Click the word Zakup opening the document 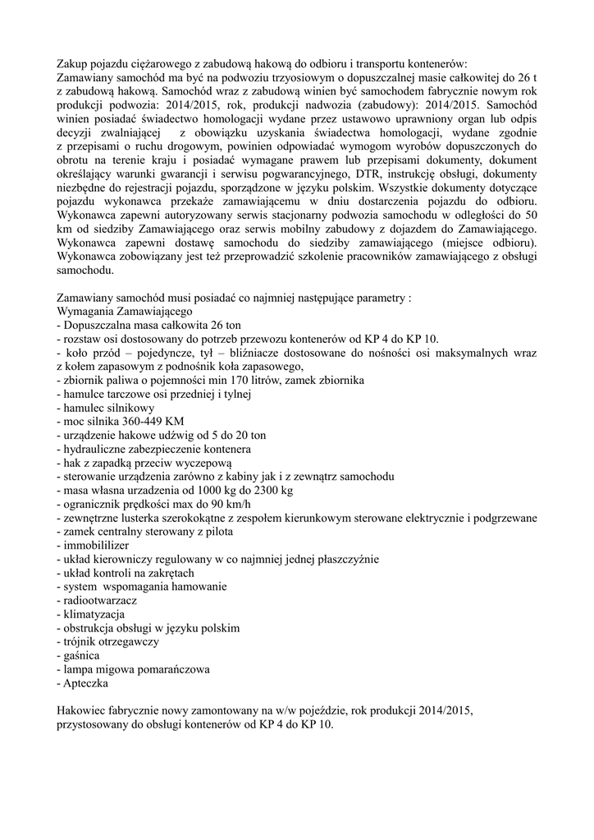point(72,64)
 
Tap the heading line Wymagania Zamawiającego point(124,312)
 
